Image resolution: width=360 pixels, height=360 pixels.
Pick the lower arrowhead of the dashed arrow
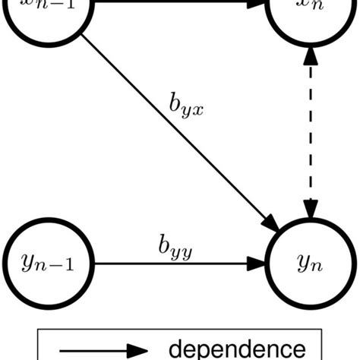click(x=308, y=208)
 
